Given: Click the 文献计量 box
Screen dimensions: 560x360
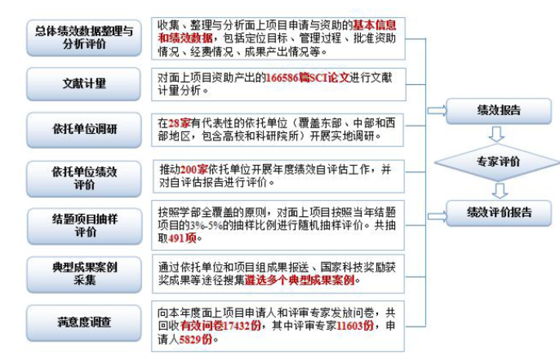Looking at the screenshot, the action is (x=84, y=84).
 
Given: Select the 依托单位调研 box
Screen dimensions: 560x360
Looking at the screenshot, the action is (x=84, y=130).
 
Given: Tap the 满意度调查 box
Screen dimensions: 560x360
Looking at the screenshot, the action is (x=84, y=323).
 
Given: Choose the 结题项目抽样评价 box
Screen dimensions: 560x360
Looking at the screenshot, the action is (x=85, y=226).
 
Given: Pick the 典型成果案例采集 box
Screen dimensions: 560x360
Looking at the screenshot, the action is (x=85, y=274).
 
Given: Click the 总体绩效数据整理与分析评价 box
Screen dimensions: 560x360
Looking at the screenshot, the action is (x=84, y=38).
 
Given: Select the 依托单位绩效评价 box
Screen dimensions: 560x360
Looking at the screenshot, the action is (x=84, y=178).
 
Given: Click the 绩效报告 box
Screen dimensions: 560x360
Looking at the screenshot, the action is (x=499, y=110).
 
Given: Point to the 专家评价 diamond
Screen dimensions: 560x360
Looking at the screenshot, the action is (x=497, y=162).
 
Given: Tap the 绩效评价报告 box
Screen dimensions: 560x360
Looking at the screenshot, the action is (x=499, y=213).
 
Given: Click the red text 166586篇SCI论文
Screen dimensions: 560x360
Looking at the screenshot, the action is (x=307, y=77).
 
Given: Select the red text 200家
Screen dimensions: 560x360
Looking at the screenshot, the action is (x=194, y=169).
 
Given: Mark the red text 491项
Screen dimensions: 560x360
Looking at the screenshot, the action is (x=182, y=238).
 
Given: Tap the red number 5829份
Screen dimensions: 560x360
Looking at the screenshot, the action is (x=195, y=339).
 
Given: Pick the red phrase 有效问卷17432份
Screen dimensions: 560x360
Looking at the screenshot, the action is (x=221, y=326).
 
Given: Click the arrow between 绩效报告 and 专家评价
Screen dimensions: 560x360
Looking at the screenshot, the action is (x=496, y=134).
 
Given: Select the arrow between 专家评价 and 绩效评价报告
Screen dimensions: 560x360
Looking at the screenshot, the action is (x=500, y=191).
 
